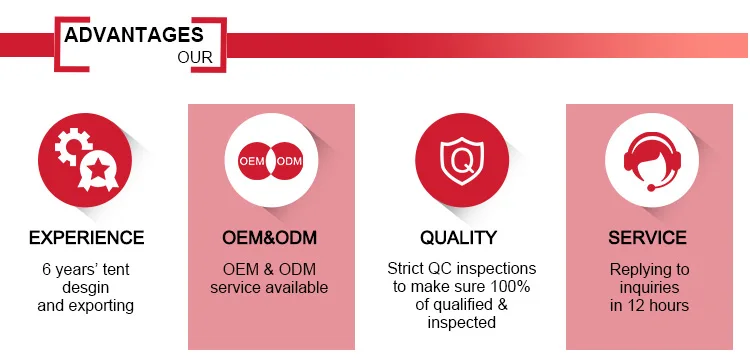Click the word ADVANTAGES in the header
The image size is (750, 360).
134,35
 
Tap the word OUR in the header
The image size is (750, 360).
195,57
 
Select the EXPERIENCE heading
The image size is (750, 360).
87,238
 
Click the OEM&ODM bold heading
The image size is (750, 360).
270,238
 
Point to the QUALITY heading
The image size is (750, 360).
459,238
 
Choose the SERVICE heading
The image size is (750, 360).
648,238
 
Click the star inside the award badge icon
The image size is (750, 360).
99,168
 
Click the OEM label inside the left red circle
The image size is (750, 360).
252,161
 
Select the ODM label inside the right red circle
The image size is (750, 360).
290,161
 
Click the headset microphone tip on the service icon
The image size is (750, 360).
651,188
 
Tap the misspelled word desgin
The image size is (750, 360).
86,288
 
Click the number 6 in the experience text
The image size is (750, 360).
46,270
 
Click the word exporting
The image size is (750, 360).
103,306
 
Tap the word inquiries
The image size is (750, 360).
649,288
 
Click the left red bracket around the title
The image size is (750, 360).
72,44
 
